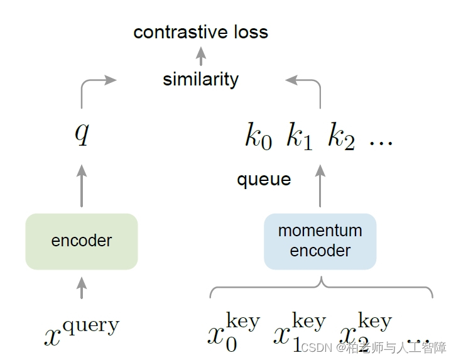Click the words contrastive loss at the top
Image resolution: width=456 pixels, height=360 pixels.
(x=200, y=32)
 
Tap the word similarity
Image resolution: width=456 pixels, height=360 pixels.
(x=200, y=80)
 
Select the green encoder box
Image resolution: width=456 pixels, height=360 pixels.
(x=81, y=241)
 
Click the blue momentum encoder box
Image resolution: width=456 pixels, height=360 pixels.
(x=320, y=241)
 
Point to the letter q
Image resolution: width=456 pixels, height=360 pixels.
(x=82, y=133)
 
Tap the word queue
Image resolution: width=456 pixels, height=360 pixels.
(x=264, y=180)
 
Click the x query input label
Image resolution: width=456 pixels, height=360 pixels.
(x=82, y=332)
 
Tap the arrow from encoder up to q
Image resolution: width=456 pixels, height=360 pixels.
(x=82, y=185)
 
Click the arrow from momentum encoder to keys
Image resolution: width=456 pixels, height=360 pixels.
(x=320, y=185)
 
